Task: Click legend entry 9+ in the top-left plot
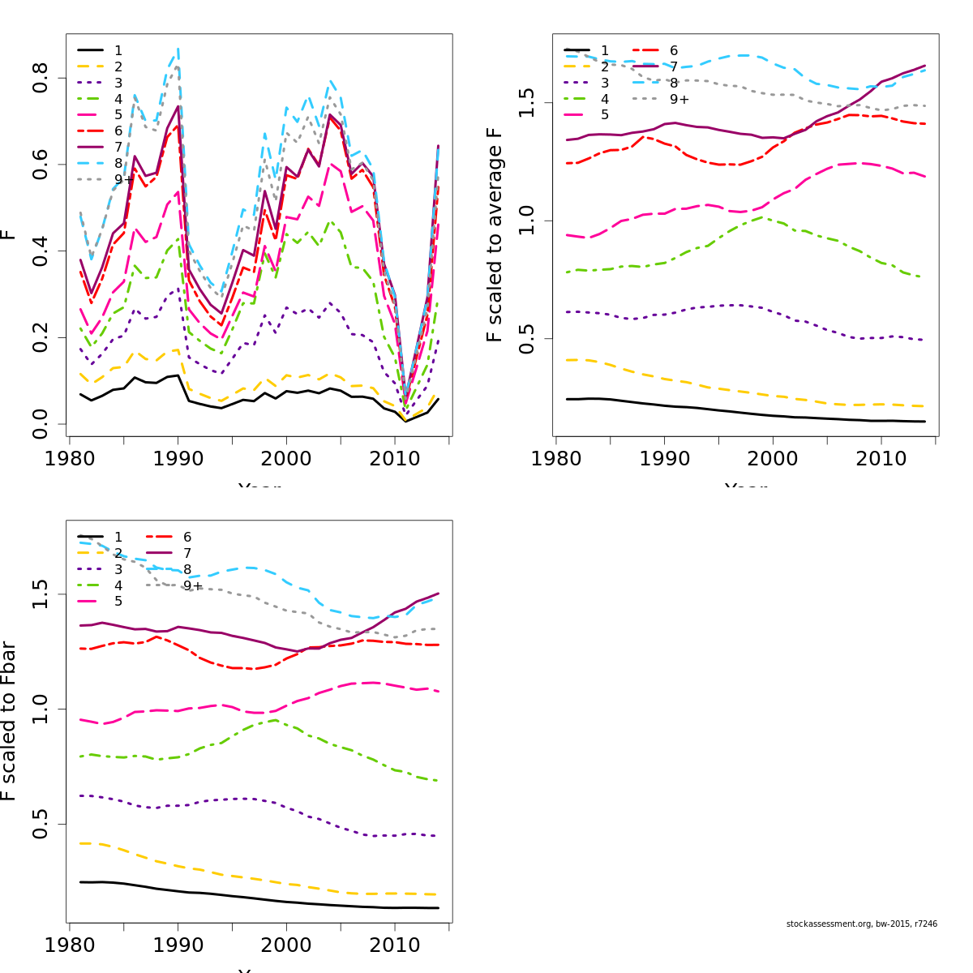[118, 179]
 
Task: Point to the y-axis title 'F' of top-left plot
[8, 234]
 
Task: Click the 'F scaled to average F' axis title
[495, 234]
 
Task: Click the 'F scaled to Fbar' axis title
[8, 721]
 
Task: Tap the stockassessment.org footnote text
[861, 924]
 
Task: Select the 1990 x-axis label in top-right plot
[665, 459]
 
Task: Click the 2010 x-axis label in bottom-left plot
[395, 945]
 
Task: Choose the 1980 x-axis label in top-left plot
[70, 459]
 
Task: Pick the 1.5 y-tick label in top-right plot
[527, 103]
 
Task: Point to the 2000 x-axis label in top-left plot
[286, 459]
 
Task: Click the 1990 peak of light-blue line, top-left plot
[178, 49]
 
